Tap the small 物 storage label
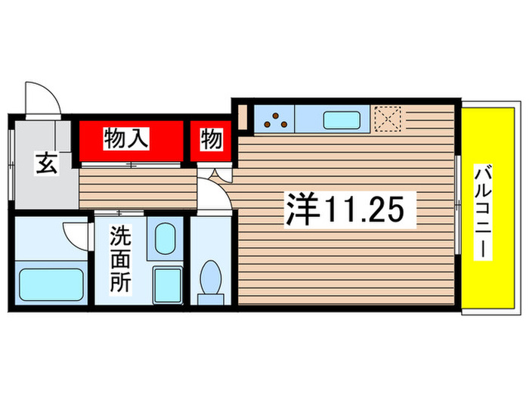[211, 139]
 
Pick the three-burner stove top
[275, 118]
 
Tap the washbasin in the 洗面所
[165, 239]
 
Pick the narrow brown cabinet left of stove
[243, 117]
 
